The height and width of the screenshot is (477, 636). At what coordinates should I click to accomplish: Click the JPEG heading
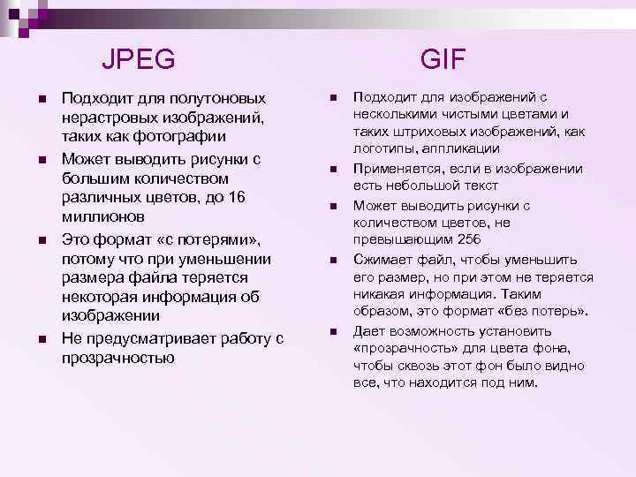point(139,60)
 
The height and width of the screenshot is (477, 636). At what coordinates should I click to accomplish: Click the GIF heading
point(443,59)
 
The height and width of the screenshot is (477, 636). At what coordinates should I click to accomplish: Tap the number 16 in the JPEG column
point(236,196)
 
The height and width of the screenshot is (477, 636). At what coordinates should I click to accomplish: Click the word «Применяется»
point(394,168)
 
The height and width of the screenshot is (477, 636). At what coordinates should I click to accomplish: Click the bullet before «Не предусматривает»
point(42,338)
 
